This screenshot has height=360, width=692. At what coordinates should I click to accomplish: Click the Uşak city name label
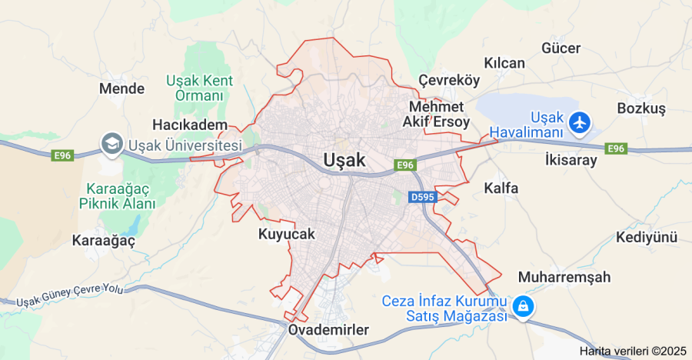point(344,159)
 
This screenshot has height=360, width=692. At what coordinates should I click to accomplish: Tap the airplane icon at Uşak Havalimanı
point(579,121)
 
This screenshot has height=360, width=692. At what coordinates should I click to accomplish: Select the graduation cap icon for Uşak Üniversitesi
point(112,143)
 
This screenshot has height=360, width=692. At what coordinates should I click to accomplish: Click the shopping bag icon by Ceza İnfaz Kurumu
point(523,306)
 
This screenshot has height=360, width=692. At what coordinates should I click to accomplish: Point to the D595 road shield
point(422,198)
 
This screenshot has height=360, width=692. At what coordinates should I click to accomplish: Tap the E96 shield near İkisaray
point(615,148)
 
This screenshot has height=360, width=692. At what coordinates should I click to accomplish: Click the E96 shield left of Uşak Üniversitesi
point(62,155)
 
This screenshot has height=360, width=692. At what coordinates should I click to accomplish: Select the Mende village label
point(121,88)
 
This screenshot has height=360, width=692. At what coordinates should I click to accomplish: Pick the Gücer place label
point(561,48)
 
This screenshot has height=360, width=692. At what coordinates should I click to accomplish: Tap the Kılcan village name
point(504,63)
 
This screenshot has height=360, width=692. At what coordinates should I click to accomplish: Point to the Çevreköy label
point(449,81)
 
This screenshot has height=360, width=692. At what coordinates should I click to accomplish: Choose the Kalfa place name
point(501,188)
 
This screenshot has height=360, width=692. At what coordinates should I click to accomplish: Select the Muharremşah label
point(564,277)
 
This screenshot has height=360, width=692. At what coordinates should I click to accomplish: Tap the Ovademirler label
point(328,330)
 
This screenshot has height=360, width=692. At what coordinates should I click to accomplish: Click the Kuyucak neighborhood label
point(287,234)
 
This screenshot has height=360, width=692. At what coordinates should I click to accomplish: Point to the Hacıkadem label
point(190,125)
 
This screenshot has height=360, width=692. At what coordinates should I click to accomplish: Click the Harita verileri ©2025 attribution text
point(633,351)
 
